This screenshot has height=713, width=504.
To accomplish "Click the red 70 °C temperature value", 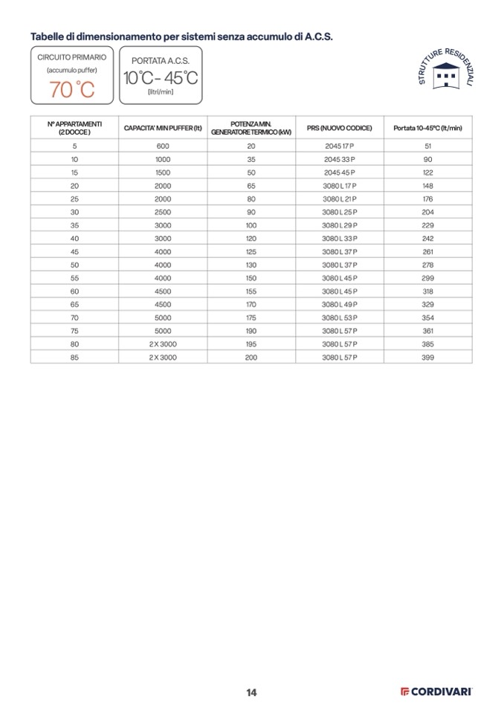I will pos(72,90).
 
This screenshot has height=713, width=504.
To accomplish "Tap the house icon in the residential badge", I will pos(446,76).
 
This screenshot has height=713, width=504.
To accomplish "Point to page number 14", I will pos(251,692).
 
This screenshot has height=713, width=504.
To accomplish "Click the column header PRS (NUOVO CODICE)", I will pos(340,128).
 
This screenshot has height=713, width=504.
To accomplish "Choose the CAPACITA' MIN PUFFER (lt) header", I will pos(163,128).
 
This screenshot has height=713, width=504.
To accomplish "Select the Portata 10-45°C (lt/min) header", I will pos(427,128).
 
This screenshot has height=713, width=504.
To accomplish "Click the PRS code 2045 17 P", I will pos(340,146).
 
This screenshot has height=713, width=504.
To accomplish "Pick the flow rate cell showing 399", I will pos(427,358).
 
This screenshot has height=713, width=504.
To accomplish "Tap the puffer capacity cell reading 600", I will pos(163,146).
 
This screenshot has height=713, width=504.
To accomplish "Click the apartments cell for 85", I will pos(74,358).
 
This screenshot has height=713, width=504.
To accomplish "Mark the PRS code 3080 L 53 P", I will pos(340,317).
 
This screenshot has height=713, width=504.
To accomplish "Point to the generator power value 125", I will pos(251,251).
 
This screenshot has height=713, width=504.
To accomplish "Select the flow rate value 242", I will pos(427,239).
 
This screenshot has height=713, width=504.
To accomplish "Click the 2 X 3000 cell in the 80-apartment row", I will pos(163,344).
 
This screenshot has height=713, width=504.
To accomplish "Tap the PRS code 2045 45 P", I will pos(340,172).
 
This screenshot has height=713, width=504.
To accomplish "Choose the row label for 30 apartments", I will pos(74,212).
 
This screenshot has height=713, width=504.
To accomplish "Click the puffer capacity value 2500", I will pos(163,212).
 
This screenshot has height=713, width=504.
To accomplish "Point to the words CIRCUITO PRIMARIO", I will pos(72,57).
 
